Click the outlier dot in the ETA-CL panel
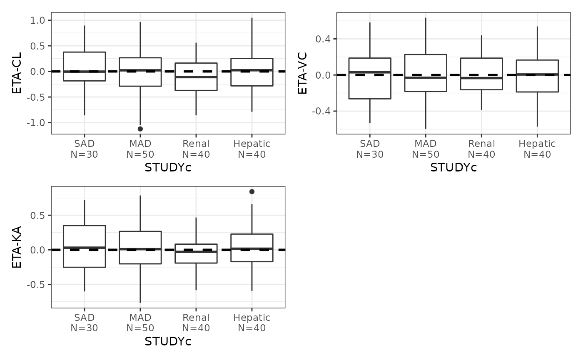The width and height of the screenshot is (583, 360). click(x=140, y=129)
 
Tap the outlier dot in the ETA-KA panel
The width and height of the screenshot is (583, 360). click(x=252, y=191)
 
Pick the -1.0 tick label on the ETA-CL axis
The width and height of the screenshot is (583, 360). click(x=37, y=123)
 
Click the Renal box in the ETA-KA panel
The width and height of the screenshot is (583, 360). click(x=196, y=253)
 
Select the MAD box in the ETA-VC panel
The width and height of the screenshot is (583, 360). click(x=426, y=73)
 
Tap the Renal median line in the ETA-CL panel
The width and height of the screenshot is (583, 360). click(x=196, y=77)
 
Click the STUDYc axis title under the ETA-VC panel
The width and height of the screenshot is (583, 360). click(x=453, y=168)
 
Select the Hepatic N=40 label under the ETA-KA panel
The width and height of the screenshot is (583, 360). click(x=252, y=323)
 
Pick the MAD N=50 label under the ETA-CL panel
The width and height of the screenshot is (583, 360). click(x=140, y=149)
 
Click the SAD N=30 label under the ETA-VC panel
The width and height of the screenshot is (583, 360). click(x=370, y=149)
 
